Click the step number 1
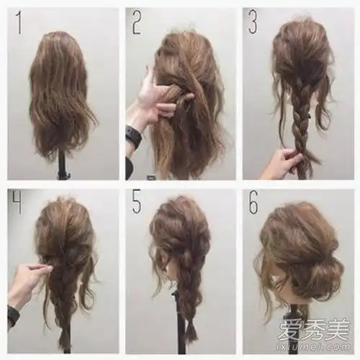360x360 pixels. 19,22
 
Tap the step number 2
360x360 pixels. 137,22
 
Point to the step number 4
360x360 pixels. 17,202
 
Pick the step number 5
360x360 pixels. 136,202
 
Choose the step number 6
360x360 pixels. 253,202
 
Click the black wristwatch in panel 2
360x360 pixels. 133,136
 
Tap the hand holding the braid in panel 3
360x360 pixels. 283,163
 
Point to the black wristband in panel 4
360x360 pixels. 13,315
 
